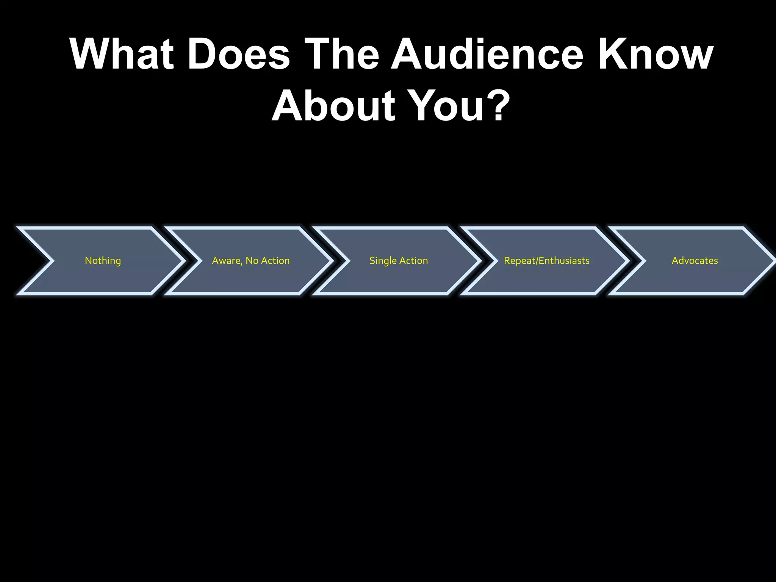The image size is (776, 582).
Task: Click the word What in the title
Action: (x=122, y=54)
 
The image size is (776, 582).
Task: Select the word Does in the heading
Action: (x=239, y=54)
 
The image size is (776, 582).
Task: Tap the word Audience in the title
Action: (x=487, y=54)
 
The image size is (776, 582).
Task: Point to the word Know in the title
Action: (x=656, y=54)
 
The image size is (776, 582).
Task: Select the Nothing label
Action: (x=103, y=261)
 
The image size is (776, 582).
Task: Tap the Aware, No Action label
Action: (x=251, y=261)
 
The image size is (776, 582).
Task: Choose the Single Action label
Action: (x=399, y=261)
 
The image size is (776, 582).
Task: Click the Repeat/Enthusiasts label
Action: (x=546, y=261)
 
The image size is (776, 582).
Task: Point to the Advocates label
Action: (x=695, y=261)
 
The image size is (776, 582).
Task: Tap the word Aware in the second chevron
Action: (x=226, y=261)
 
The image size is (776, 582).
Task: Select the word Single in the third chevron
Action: (x=383, y=261)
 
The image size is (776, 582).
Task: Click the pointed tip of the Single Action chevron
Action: (x=478, y=261)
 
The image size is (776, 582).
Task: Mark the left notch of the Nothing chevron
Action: (x=52, y=261)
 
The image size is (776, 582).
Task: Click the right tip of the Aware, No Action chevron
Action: (x=330, y=261)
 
